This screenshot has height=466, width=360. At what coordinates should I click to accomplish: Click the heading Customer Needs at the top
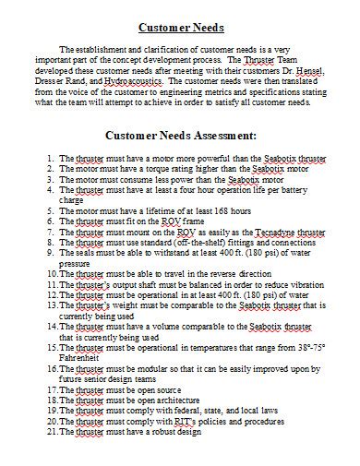click(181, 26)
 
